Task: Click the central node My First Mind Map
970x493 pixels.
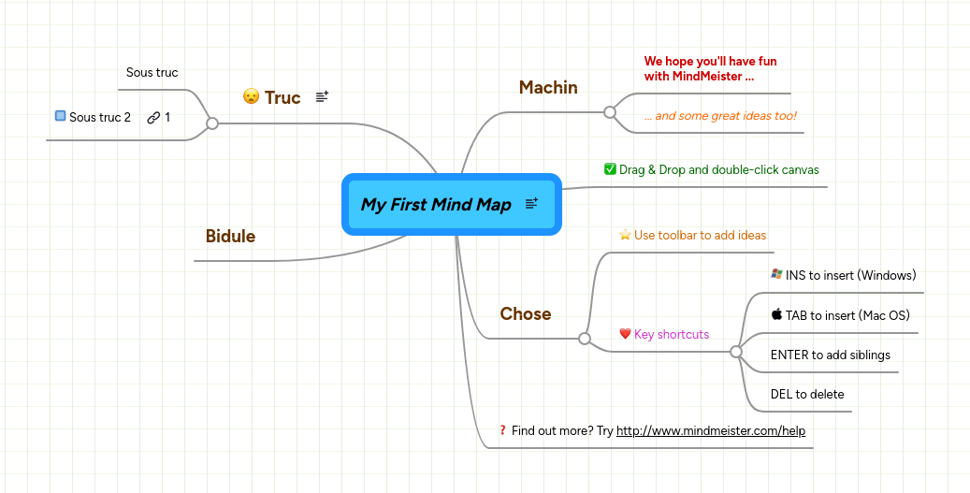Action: point(436,204)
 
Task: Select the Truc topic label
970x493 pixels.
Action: point(282,97)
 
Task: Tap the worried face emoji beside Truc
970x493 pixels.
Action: point(251,96)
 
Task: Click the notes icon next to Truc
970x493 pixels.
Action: point(322,96)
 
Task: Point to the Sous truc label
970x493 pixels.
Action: point(152,72)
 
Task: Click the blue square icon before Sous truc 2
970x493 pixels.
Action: point(60,116)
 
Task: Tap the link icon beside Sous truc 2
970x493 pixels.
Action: point(153,117)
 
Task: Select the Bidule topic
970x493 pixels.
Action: point(230,236)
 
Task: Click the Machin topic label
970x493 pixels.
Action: point(548,87)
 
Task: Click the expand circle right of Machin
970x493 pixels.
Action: point(610,112)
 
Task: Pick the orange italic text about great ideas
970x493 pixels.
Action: point(720,116)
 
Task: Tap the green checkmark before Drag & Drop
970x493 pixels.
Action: point(610,169)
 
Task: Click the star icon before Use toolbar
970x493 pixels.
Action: point(625,235)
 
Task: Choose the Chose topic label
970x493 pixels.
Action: point(525,313)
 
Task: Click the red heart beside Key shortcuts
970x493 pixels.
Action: point(625,334)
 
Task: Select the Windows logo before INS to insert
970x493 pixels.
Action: point(775,274)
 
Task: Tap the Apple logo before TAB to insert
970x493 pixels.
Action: point(775,314)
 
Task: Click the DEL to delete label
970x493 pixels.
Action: point(806,394)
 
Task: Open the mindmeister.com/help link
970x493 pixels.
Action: point(710,430)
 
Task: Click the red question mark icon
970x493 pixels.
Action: point(502,430)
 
